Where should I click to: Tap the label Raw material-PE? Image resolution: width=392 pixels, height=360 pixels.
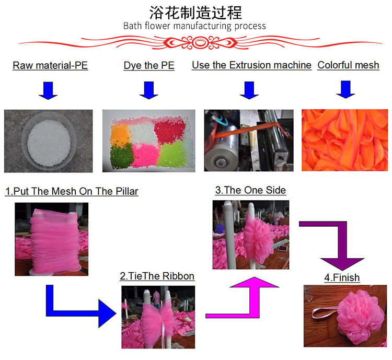(x=50, y=66)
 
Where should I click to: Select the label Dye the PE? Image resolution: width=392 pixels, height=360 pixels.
(x=149, y=66)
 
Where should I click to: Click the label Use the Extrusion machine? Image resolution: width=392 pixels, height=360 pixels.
(x=251, y=65)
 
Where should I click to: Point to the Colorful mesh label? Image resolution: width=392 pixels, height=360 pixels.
(x=348, y=65)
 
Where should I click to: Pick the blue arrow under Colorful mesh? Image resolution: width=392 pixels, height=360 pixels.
(x=345, y=89)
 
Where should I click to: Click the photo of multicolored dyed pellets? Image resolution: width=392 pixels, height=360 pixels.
(x=148, y=141)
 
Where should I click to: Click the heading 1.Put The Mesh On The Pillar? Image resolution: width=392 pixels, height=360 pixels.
(x=72, y=192)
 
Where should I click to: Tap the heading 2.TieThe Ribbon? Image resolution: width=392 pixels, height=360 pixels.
(x=157, y=276)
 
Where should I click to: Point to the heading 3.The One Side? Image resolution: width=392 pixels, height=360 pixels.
(x=250, y=190)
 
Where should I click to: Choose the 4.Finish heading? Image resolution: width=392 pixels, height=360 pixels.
(x=342, y=278)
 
